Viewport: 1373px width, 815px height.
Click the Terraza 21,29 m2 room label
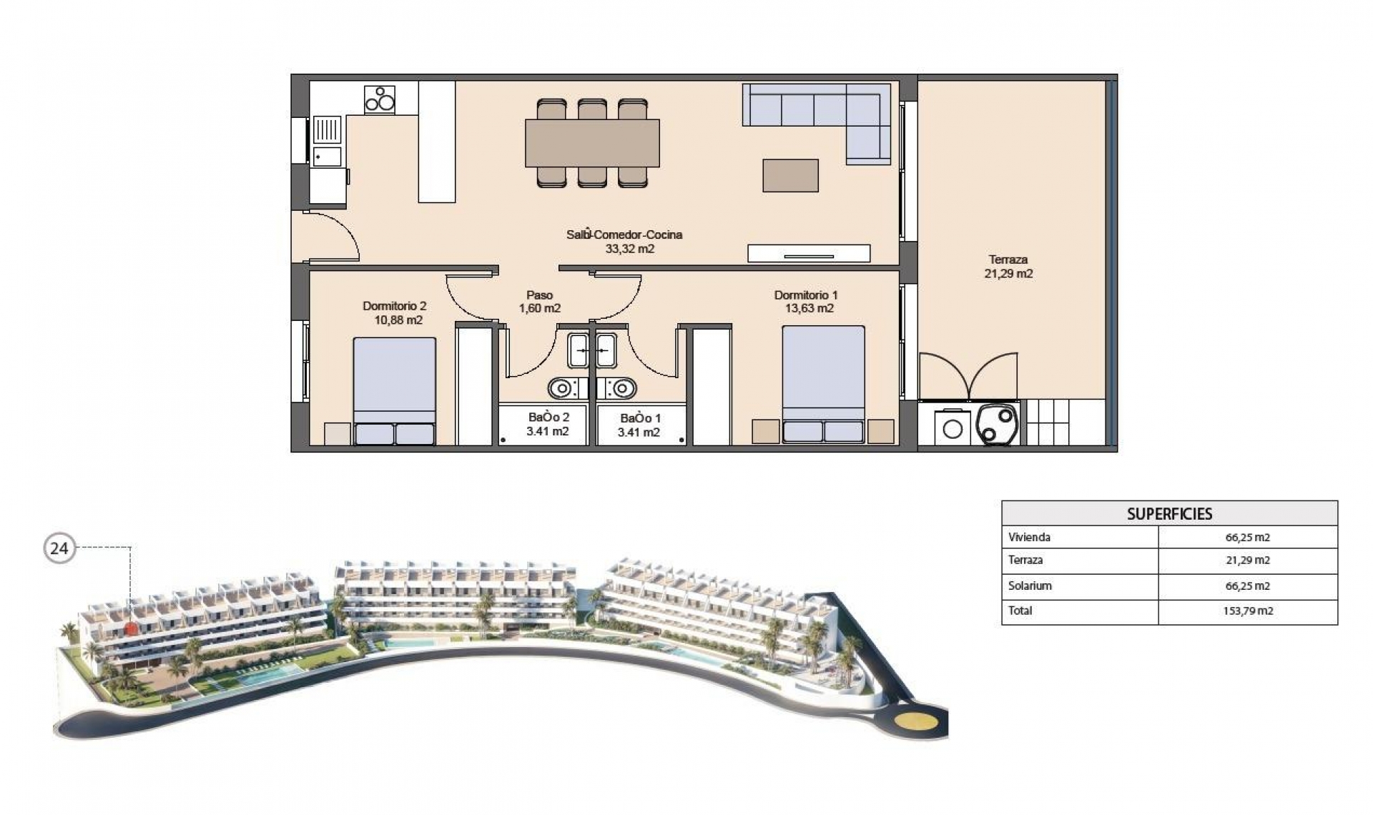point(1008,267)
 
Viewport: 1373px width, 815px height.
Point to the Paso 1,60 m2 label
point(540,302)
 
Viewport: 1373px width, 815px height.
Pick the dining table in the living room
point(592,143)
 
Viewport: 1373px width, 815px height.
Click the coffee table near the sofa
point(790,175)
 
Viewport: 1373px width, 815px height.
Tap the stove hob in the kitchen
point(380,99)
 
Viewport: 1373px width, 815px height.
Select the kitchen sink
point(328,130)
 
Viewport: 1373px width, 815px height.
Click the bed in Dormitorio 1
point(823,384)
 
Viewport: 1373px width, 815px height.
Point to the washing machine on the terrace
point(953,429)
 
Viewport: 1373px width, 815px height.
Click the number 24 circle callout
point(59,548)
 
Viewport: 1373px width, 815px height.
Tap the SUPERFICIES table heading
point(1169,514)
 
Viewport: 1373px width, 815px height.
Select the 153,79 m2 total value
point(1248,611)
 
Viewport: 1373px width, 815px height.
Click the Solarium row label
point(1030,586)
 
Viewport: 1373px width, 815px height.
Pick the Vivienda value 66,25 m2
point(1248,538)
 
